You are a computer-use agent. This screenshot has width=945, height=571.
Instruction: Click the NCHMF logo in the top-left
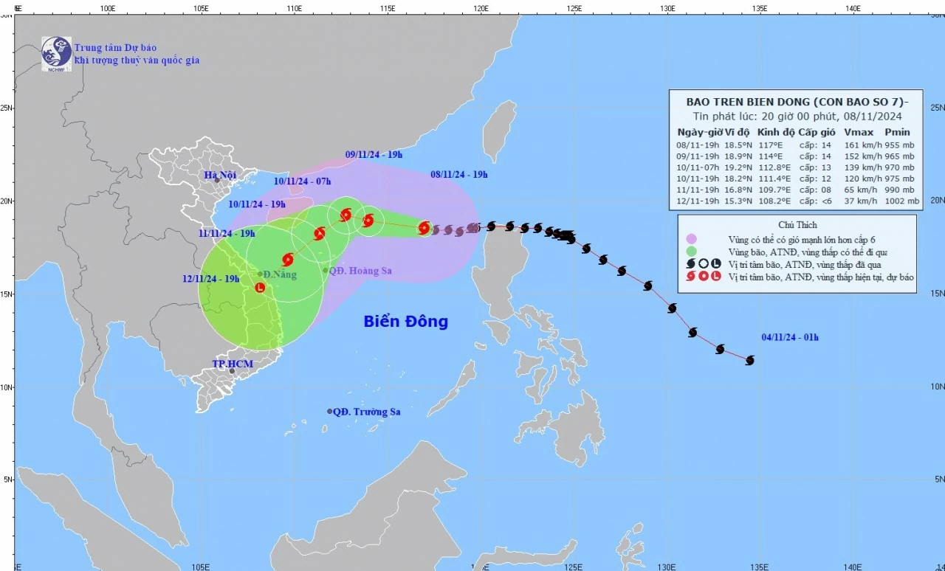[x=56, y=53]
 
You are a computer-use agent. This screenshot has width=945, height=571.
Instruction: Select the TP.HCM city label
[x=233, y=364]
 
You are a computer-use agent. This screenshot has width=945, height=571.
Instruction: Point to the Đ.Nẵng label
[x=281, y=274]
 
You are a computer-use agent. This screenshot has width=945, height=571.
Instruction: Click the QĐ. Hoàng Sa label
[x=360, y=271]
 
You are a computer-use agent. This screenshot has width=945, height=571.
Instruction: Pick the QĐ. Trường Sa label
[x=366, y=412]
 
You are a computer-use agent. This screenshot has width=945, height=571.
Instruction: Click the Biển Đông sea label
[x=405, y=322]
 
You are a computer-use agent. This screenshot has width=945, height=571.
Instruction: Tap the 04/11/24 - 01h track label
[x=790, y=338]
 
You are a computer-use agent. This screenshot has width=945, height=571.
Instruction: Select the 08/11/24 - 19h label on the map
[x=458, y=175]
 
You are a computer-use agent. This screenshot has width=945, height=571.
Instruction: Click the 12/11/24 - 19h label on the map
[x=211, y=279]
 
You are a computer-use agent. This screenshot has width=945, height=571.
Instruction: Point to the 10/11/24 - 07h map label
[x=302, y=181]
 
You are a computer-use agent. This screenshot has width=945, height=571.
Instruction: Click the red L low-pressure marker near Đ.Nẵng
[x=260, y=287]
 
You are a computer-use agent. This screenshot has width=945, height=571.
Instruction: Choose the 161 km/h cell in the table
[x=858, y=145]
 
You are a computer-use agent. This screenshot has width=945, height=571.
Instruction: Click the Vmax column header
[x=857, y=132]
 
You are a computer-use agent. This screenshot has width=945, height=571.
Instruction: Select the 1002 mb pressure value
[x=901, y=201]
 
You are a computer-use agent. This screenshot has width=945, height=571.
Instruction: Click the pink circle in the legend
[x=691, y=238]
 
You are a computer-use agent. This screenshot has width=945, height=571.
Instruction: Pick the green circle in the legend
[x=691, y=251]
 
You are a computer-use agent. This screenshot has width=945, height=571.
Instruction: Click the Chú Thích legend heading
[x=797, y=224]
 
